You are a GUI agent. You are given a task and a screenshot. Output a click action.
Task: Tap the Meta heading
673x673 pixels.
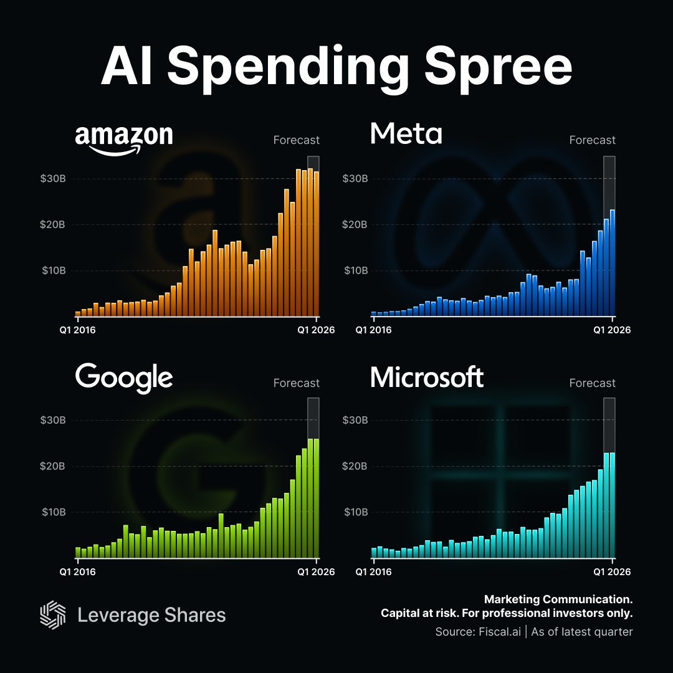(x=406, y=133)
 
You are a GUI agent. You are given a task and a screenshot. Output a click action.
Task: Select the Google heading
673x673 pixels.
(x=124, y=378)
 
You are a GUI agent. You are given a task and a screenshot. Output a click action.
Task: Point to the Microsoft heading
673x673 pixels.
(x=427, y=378)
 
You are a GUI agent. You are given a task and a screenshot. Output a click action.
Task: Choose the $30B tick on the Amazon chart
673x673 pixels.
(x=53, y=179)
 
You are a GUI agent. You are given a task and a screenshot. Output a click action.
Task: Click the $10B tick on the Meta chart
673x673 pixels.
(x=355, y=270)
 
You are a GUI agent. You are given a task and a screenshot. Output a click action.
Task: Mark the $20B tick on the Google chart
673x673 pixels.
(x=53, y=466)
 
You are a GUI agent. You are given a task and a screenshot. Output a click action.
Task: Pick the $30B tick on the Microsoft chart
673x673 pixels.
(x=355, y=420)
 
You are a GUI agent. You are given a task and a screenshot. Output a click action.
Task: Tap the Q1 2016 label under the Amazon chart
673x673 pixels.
(x=78, y=330)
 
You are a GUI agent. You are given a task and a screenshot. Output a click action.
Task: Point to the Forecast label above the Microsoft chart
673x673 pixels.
(x=592, y=383)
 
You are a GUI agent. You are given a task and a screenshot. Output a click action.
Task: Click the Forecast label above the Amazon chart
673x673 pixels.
(x=296, y=140)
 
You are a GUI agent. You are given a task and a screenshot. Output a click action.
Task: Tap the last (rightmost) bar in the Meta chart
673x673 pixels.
(x=613, y=262)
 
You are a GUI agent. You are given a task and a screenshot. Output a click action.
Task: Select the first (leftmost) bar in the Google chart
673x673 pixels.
(x=78, y=552)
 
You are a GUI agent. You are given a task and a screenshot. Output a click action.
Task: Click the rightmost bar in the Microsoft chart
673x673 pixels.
(x=613, y=505)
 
